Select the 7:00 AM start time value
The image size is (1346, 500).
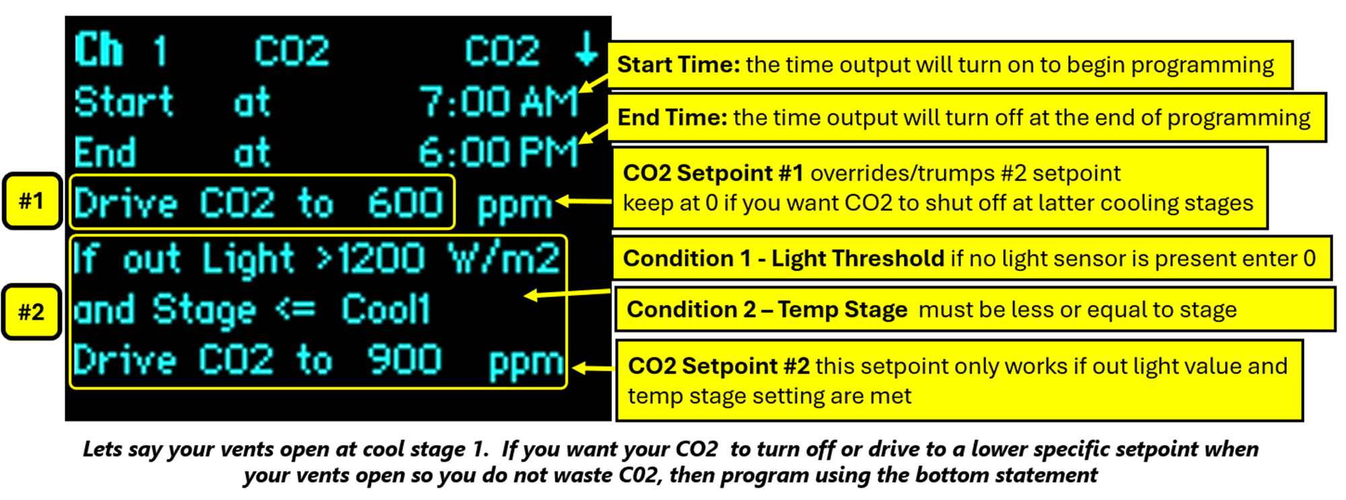click(499, 103)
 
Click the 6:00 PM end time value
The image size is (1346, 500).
click(499, 153)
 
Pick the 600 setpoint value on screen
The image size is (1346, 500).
click(406, 203)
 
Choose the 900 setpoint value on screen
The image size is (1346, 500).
click(404, 359)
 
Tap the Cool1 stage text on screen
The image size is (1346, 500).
click(386, 310)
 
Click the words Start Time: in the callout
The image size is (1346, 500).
click(678, 65)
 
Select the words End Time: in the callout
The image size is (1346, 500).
click(672, 118)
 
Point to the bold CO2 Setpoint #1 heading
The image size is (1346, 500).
click(713, 173)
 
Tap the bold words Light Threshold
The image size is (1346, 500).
click(858, 258)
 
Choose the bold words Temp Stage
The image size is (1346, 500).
click(843, 310)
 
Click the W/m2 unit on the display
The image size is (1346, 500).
click(504, 258)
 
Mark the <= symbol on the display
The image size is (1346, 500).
click(295, 310)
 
